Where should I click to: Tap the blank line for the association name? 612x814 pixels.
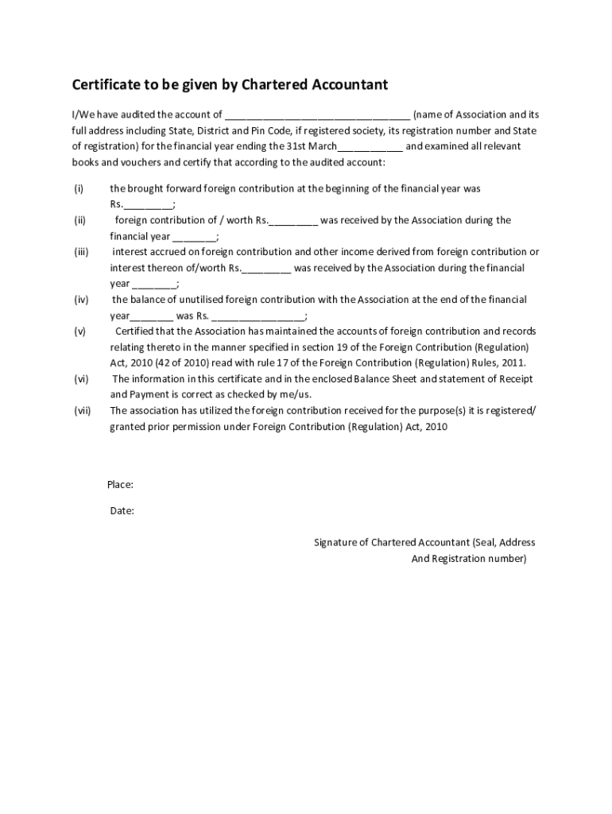pos(317,115)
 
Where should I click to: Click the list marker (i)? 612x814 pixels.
pos(79,188)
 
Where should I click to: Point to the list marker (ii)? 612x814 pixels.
pos(79,220)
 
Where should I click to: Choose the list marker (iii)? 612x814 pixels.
pos(81,252)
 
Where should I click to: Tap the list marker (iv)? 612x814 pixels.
pos(81,300)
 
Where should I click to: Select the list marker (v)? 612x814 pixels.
pos(80,331)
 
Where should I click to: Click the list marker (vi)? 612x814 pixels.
pos(81,379)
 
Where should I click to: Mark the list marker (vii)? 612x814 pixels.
pos(83,411)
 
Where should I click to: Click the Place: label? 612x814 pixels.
pos(120,485)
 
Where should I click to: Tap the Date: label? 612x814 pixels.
pos(122,511)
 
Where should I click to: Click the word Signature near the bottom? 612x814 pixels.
pos(335,543)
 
